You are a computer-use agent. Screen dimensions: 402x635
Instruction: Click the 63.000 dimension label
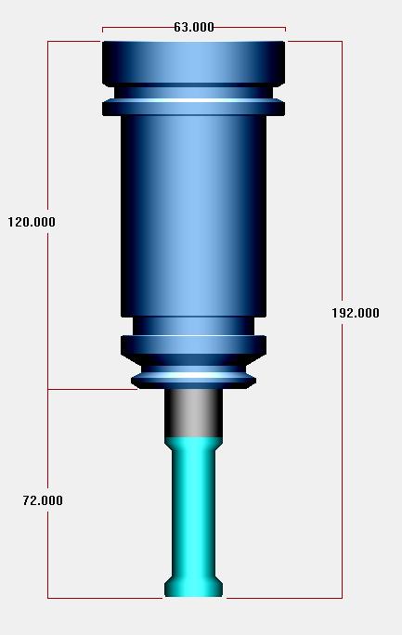[194, 27]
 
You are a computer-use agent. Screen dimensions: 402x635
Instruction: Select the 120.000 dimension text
[32, 222]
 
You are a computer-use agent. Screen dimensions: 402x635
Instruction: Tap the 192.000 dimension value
[356, 313]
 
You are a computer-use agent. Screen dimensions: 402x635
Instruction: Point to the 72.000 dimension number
[43, 500]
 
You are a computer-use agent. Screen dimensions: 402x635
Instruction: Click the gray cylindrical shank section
[193, 413]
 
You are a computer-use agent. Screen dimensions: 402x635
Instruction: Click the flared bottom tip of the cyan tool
[193, 587]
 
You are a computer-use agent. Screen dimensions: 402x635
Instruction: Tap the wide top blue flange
[193, 63]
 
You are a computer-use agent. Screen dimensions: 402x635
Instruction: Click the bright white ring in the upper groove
[193, 100]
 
